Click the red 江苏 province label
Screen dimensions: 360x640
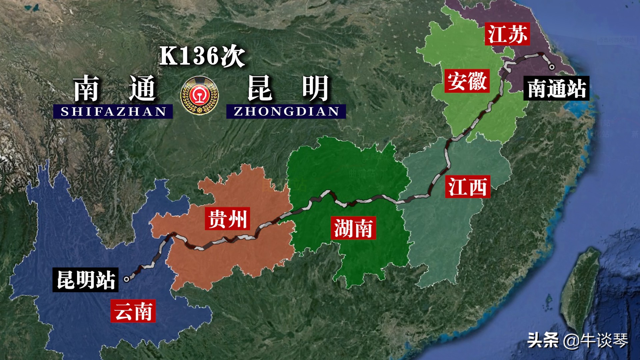pyautogui.click(x=507, y=34)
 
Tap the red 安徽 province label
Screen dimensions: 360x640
pyautogui.click(x=467, y=81)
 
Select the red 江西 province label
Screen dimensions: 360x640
pyautogui.click(x=468, y=187)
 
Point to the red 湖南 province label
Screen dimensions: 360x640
pyautogui.click(x=353, y=228)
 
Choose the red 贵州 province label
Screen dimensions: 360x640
pyautogui.click(x=227, y=219)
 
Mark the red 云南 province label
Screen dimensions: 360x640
pyautogui.click(x=133, y=311)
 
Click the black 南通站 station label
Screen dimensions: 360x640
pyautogui.click(x=556, y=88)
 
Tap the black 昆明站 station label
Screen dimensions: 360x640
pyautogui.click(x=86, y=280)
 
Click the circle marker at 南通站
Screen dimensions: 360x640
pyautogui.click(x=552, y=67)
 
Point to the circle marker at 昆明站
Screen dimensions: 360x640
pyautogui.click(x=127, y=279)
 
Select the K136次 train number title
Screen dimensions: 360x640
pyautogui.click(x=202, y=56)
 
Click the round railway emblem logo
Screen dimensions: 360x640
pyautogui.click(x=199, y=95)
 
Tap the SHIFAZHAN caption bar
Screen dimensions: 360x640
pyautogui.click(x=113, y=111)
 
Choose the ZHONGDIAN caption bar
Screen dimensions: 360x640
pyautogui.click(x=286, y=111)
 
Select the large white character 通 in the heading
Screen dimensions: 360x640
pyautogui.click(x=142, y=88)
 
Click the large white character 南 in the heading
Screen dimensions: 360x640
pyautogui.click(x=86, y=88)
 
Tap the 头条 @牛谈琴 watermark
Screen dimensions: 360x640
pyautogui.click(x=578, y=340)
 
